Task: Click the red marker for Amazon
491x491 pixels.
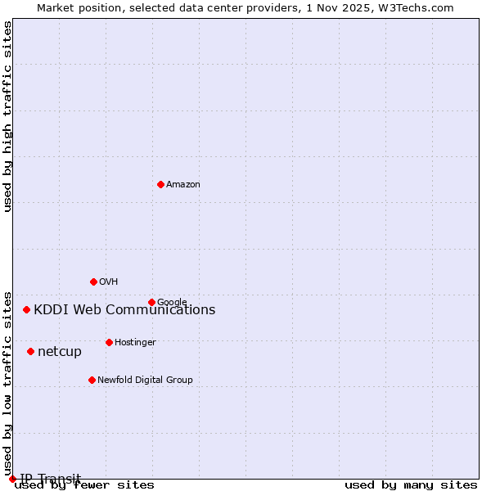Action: (160, 184)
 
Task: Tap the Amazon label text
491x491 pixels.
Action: (183, 185)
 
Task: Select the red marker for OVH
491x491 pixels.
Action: (93, 282)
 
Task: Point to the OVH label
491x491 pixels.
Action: (109, 282)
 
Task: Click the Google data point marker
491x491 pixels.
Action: (151, 302)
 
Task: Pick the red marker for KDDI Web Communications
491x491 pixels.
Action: (26, 309)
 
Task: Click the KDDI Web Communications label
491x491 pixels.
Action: (124, 310)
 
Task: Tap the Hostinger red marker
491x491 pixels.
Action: (109, 342)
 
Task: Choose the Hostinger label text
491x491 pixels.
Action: (135, 343)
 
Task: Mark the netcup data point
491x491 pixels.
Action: (30, 351)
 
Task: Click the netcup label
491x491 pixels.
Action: (60, 352)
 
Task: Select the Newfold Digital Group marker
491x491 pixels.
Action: (92, 380)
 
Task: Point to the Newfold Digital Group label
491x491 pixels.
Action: (145, 381)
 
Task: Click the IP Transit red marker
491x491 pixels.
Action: (12, 479)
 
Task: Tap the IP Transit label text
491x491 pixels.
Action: (51, 479)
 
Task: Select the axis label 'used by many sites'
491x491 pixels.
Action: (411, 485)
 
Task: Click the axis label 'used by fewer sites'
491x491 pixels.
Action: (85, 485)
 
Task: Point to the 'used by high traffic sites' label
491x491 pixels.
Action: (8, 116)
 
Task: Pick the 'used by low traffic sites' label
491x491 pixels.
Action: (8, 377)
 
